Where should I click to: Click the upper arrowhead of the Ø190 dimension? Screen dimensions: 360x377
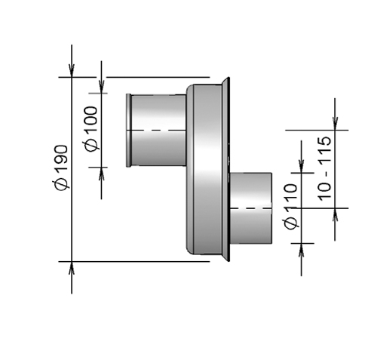(72, 71)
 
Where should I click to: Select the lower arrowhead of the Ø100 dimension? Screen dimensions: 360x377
(102, 173)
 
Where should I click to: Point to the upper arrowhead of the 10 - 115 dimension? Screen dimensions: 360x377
(336, 124)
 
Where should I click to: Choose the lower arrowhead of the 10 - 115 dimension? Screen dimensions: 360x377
(336, 213)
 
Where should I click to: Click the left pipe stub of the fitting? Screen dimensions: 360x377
(157, 130)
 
